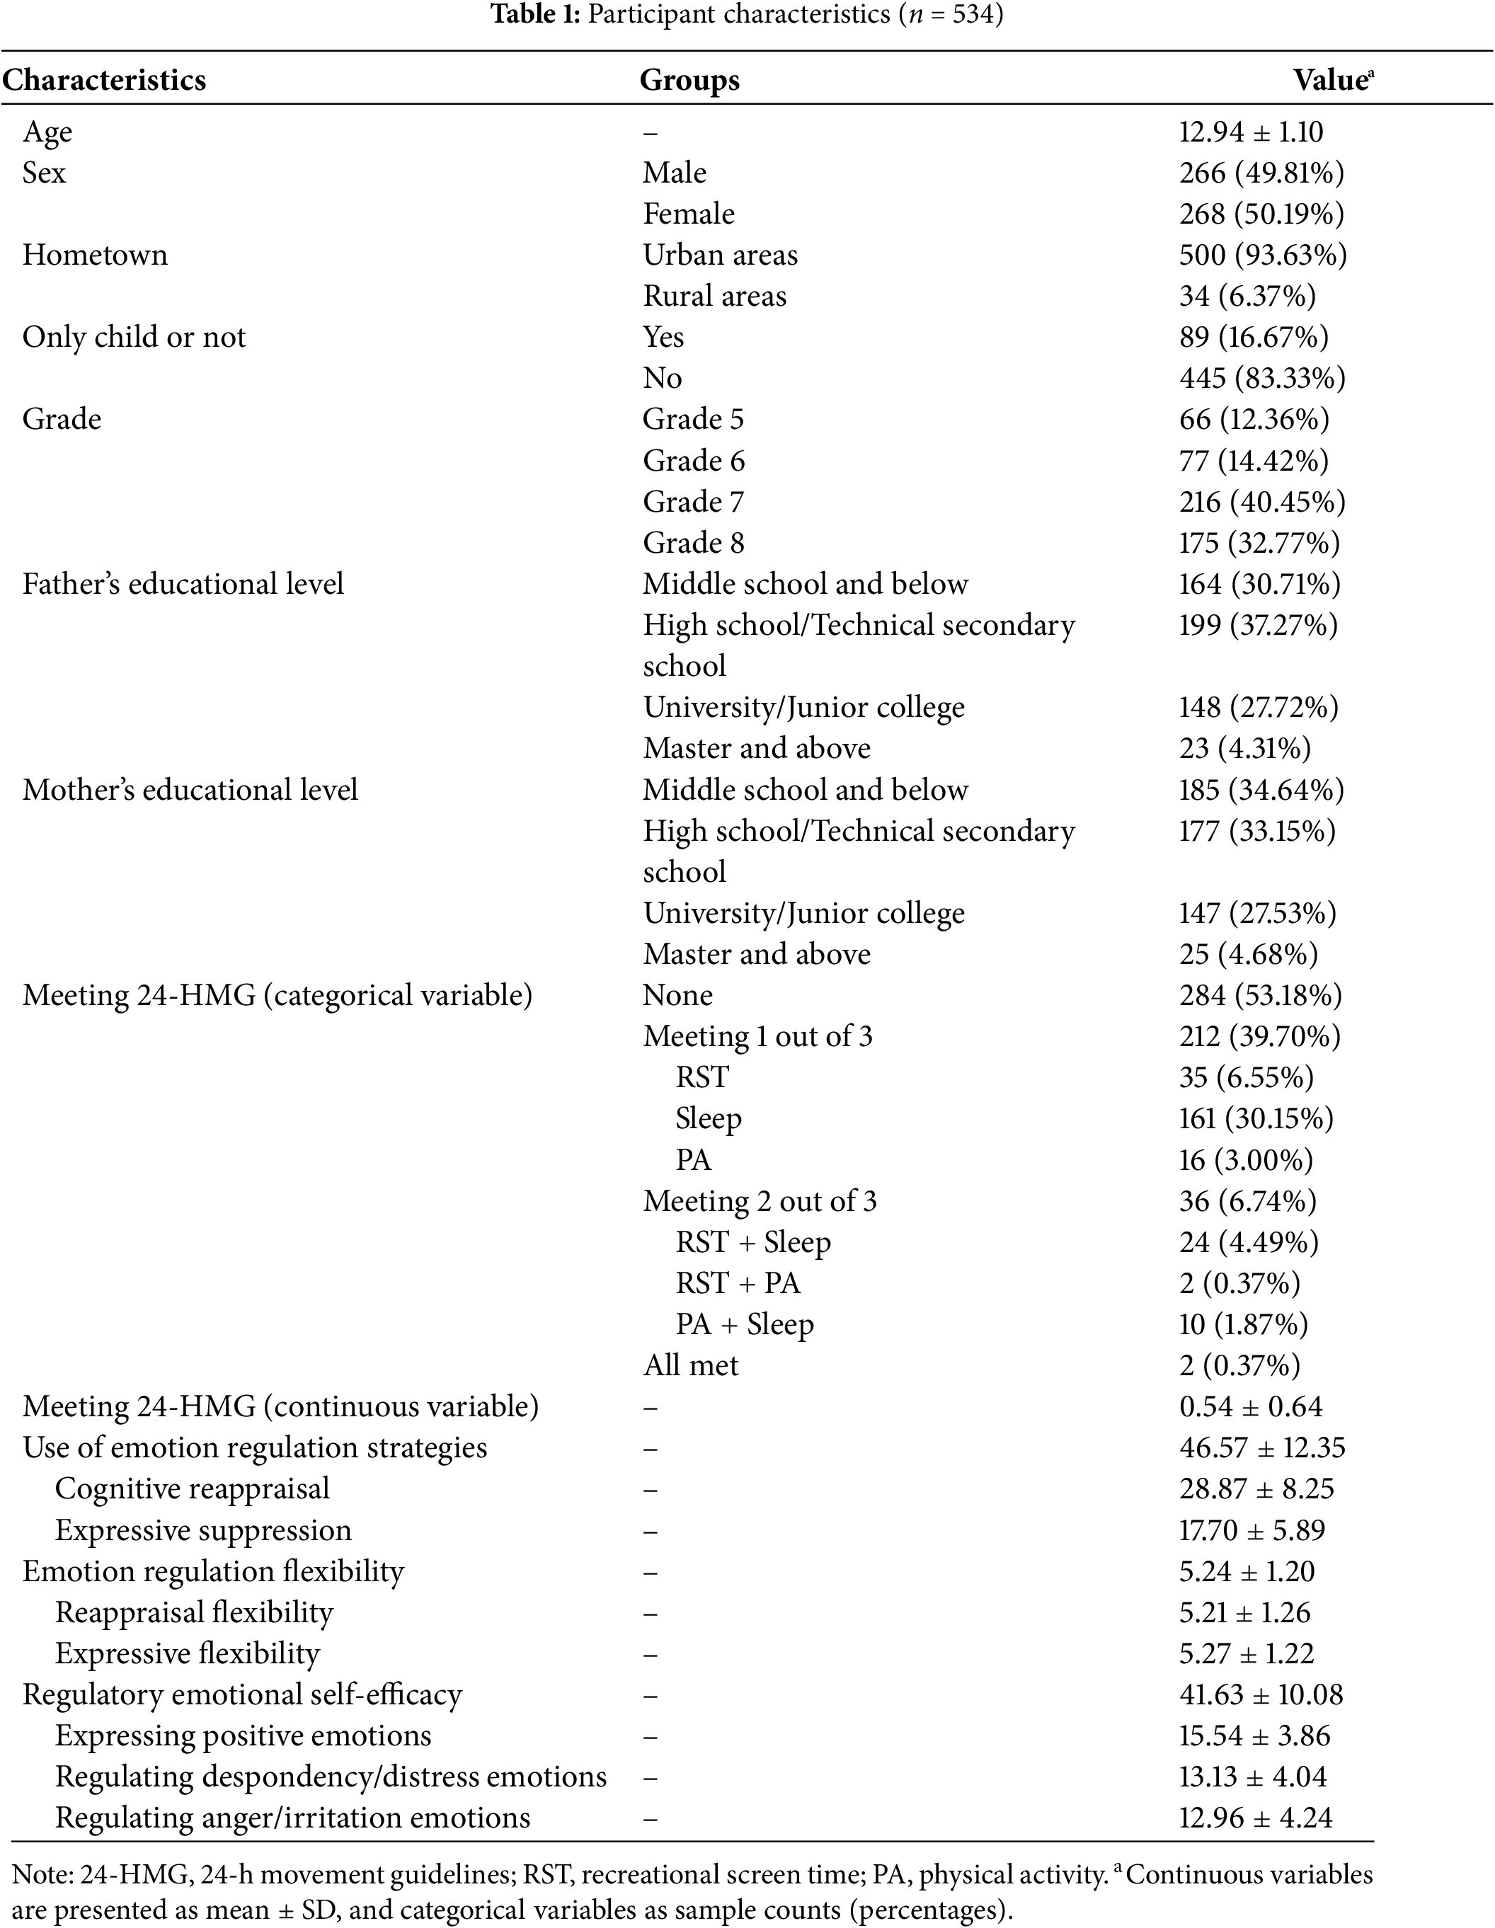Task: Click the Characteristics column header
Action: (x=104, y=81)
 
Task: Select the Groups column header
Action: (x=689, y=81)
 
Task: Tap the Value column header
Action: (x=1331, y=81)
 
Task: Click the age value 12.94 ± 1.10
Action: (x=1250, y=132)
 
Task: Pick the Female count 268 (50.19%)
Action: (x=1261, y=214)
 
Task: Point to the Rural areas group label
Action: (x=714, y=296)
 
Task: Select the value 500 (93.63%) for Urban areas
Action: (x=1263, y=255)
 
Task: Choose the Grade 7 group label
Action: (x=693, y=501)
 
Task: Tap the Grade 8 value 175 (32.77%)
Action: (x=1259, y=543)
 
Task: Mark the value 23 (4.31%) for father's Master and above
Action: (x=1244, y=749)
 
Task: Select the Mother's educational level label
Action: (x=190, y=790)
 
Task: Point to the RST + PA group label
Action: (x=738, y=1283)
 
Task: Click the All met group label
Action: (x=691, y=1366)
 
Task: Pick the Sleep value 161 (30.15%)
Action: (x=1256, y=1118)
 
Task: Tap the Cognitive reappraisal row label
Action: (x=192, y=1488)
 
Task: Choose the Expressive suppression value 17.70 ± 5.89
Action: (x=1251, y=1530)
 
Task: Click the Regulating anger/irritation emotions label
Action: (x=292, y=1818)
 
